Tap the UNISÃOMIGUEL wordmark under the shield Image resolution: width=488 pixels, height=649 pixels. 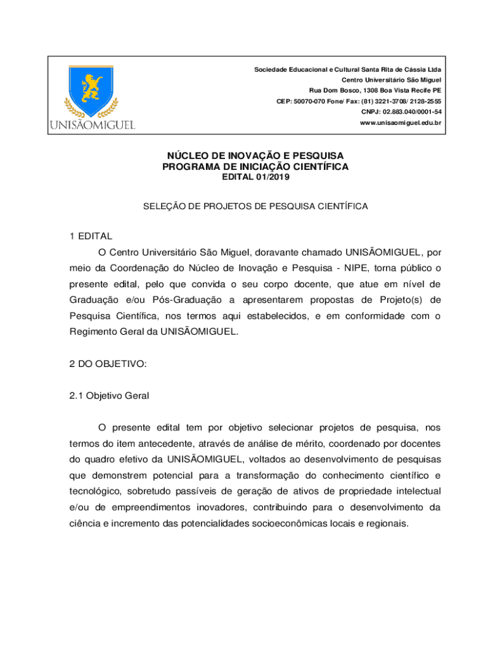coord(93,124)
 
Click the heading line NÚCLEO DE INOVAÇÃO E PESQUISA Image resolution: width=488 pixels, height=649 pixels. coord(255,155)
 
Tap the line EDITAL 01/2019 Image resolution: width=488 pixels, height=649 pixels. coord(255,177)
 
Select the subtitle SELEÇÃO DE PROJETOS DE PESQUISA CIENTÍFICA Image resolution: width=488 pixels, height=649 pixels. coord(256,206)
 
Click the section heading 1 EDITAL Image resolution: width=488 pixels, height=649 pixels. coord(91,236)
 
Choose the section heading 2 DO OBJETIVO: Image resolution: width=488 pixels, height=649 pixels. coord(108,363)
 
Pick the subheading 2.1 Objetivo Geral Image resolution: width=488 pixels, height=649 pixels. coord(110,395)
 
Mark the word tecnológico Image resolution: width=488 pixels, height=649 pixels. coord(95,491)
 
